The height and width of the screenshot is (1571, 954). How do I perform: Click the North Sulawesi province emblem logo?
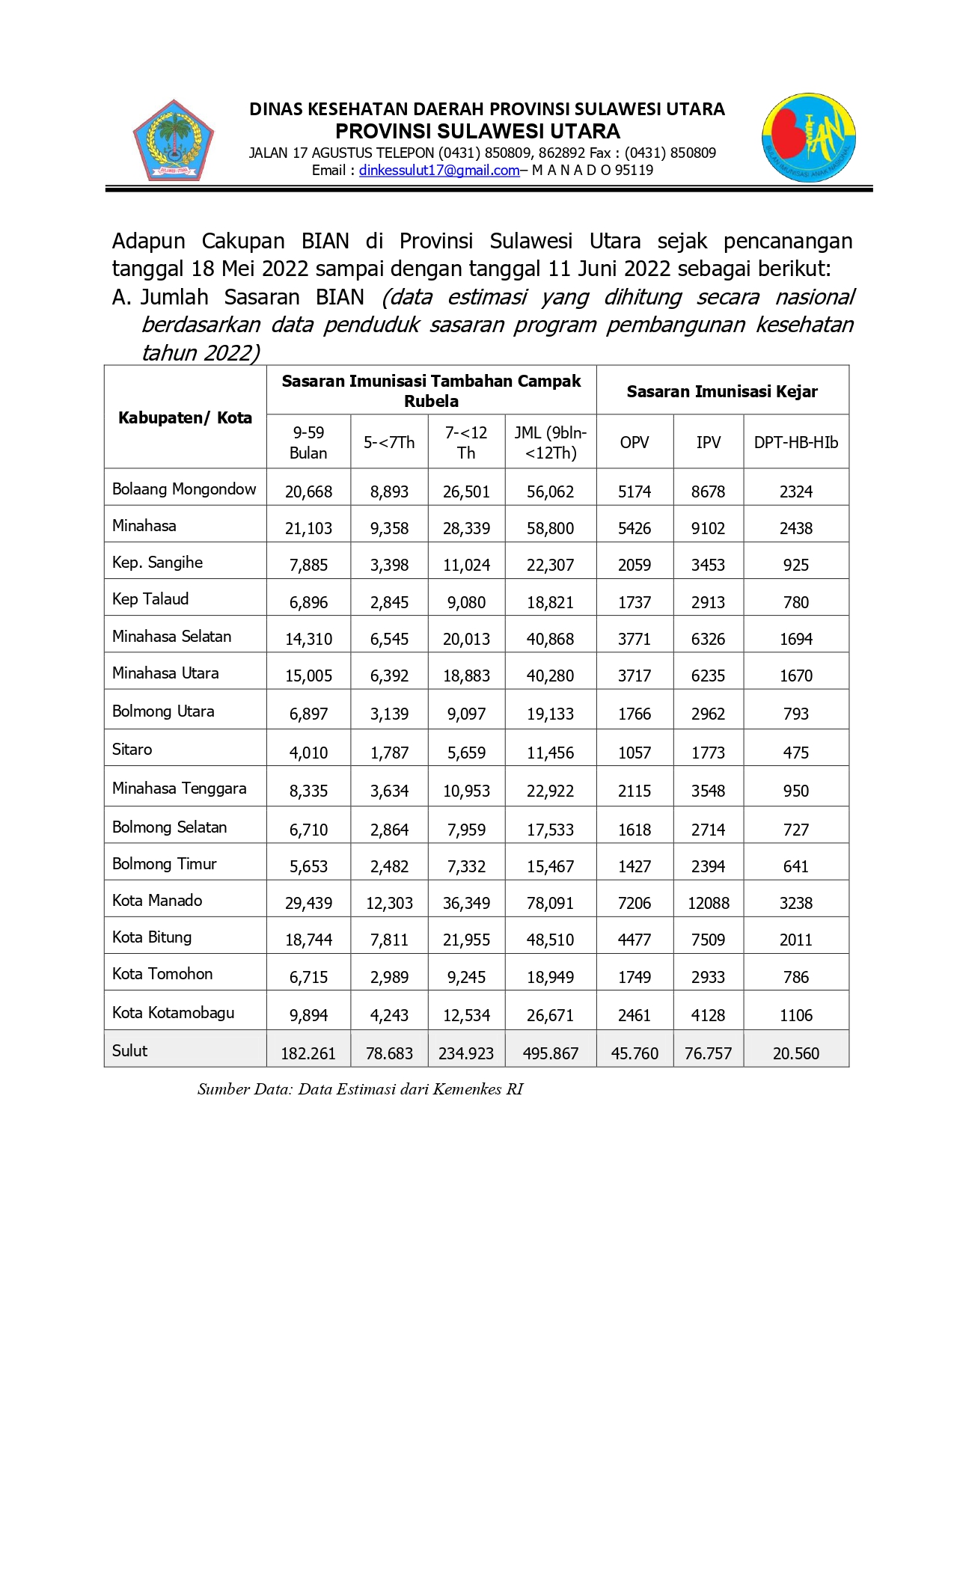pyautogui.click(x=174, y=141)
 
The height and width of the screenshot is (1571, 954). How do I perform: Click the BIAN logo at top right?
pyautogui.click(x=809, y=138)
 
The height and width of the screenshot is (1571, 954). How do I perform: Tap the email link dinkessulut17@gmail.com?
pyautogui.click(x=439, y=171)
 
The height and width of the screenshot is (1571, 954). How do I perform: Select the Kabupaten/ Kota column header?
pyautogui.click(x=185, y=417)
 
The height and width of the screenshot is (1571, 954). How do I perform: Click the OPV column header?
pyautogui.click(x=635, y=442)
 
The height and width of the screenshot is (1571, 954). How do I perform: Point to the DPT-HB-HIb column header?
pyautogui.click(x=795, y=442)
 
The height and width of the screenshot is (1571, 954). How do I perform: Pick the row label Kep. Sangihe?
pyautogui.click(x=157, y=563)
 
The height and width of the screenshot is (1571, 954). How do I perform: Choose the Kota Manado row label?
pyautogui.click(x=157, y=901)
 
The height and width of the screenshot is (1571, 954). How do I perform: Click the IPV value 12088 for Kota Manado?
pyautogui.click(x=708, y=903)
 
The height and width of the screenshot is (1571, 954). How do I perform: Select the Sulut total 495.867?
pyautogui.click(x=550, y=1053)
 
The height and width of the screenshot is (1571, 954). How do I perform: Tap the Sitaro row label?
pyautogui.click(x=132, y=750)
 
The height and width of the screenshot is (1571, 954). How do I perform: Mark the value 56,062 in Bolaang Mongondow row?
pyautogui.click(x=550, y=491)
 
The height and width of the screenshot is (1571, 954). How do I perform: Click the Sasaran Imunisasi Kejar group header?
pyautogui.click(x=722, y=391)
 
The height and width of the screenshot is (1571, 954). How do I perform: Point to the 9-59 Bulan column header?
pyautogui.click(x=308, y=442)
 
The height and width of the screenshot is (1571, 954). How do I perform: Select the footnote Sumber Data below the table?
pyautogui.click(x=360, y=1089)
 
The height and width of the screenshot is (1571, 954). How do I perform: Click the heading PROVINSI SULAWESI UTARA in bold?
pyautogui.click(x=477, y=132)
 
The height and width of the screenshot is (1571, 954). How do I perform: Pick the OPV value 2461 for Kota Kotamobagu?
pyautogui.click(x=635, y=1015)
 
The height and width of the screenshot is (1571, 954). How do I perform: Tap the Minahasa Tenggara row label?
pyautogui.click(x=179, y=788)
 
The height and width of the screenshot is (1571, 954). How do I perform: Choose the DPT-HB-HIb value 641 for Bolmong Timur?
pyautogui.click(x=795, y=866)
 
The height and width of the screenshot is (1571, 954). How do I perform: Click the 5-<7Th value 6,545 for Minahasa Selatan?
pyautogui.click(x=389, y=639)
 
